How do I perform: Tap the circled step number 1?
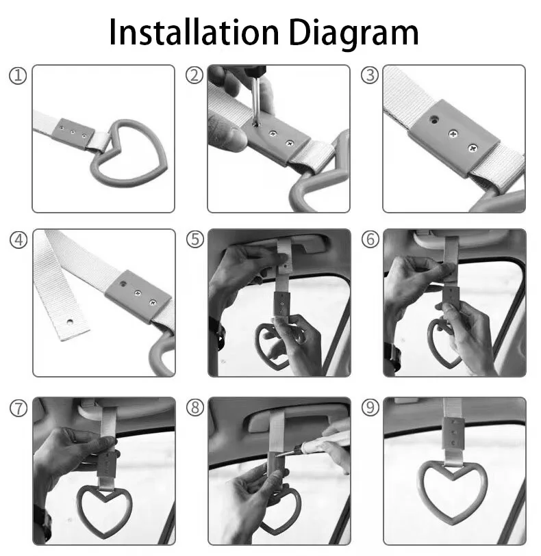(17, 76)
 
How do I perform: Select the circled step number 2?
(194, 76)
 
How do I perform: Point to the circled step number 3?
(370, 76)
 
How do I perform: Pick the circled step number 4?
(17, 240)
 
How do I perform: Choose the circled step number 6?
(370, 240)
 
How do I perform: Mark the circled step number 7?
(17, 408)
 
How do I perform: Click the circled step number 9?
(370, 408)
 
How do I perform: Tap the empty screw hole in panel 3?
(433, 119)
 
